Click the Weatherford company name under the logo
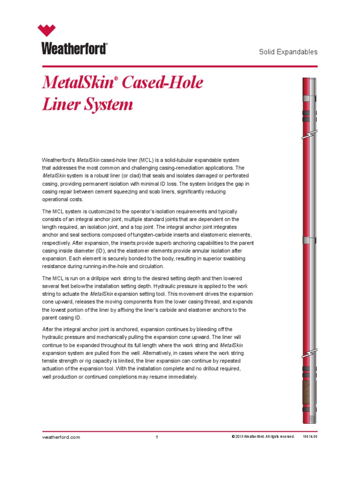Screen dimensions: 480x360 pos(75,48)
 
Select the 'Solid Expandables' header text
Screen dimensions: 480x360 pos(288,52)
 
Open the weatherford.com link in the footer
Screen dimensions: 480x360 pos(61,437)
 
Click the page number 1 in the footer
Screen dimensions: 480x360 pos(157,437)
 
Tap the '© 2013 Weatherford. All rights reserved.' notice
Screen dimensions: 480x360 pos(262,437)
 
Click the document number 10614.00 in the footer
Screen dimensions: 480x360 pos(310,437)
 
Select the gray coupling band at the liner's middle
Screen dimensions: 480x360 pos(309,240)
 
